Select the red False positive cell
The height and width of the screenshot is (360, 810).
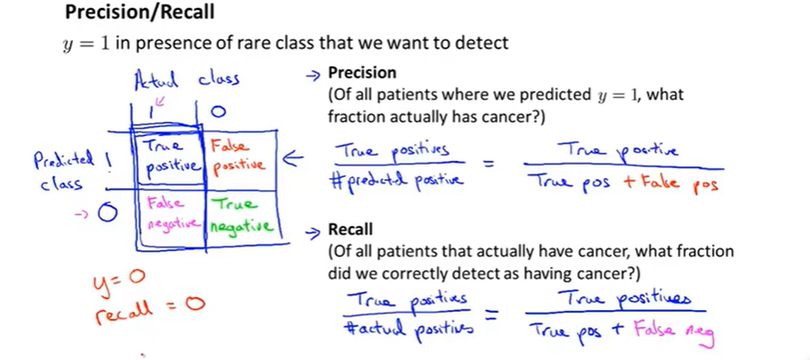(x=237, y=156)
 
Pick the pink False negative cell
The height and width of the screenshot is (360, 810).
(x=170, y=214)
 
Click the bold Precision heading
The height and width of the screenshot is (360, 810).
(x=362, y=74)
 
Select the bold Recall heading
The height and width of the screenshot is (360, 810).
(x=350, y=229)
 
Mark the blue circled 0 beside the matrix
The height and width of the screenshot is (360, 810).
(x=107, y=214)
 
